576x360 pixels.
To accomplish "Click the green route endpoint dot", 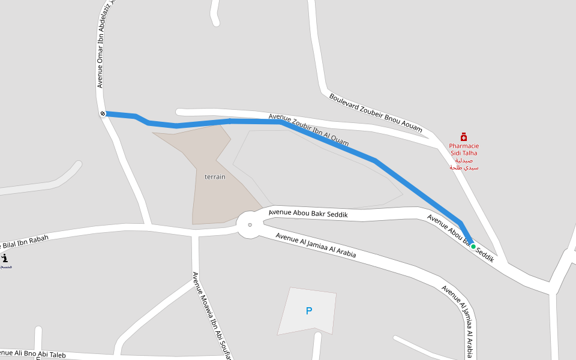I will (473, 246).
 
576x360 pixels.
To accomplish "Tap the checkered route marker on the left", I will (103, 113).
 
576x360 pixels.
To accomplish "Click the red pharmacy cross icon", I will (463, 137).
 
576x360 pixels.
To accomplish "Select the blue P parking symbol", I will (309, 311).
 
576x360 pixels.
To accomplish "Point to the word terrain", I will (215, 177).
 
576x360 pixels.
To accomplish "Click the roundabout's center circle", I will (250, 225).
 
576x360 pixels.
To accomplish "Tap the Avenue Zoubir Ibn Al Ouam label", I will (308, 129).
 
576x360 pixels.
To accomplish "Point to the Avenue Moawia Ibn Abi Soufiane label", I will (212, 316).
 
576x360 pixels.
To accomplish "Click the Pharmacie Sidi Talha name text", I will (464, 149).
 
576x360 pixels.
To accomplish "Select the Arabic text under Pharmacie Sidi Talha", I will (464, 164).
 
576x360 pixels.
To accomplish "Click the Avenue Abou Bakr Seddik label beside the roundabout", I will (308, 213).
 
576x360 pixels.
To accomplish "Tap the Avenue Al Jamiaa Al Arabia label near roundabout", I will (316, 245).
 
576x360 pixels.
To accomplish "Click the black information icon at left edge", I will (4, 259).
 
